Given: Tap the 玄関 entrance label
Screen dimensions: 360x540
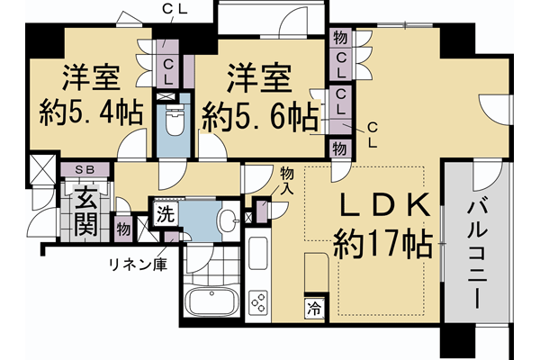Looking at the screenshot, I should [x=85, y=212].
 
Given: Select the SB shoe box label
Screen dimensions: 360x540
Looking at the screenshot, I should [x=86, y=168].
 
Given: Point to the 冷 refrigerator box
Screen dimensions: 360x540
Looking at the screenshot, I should [x=315, y=309].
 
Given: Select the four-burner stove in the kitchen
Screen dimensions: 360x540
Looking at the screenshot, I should [x=257, y=302].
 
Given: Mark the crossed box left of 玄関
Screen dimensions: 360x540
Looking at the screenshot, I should [x=41, y=168].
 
